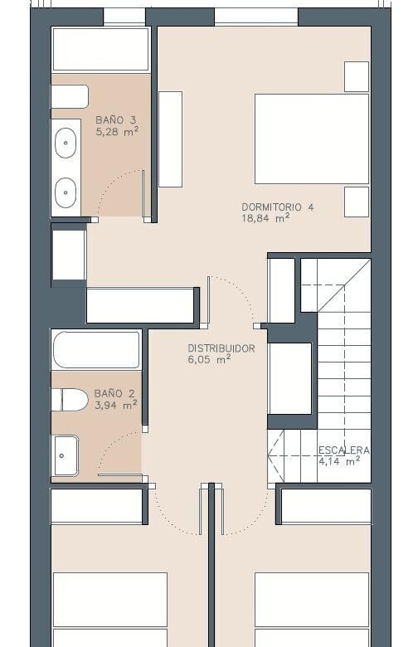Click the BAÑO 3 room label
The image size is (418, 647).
pos(115,120)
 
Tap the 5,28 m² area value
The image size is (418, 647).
pos(117,132)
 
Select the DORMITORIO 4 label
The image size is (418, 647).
pos(277,207)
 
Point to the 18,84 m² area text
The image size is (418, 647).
pos(265,218)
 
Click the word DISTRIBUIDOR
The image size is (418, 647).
pos(221,348)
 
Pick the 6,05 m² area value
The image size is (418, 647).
pos(209,359)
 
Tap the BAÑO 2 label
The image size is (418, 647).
pos(114,394)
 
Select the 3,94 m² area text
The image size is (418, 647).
pos(115,405)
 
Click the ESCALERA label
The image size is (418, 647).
pos(343,450)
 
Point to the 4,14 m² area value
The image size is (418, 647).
pos(339,461)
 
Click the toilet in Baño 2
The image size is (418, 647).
pos(70,400)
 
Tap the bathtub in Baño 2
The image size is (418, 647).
pos(96,349)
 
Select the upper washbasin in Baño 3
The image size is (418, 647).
pos(66,143)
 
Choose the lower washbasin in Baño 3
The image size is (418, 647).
pos(66,192)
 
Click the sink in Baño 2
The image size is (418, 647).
pos(65,455)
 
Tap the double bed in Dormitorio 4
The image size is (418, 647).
pos(312,139)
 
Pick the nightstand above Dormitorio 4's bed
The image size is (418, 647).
pos(357,76)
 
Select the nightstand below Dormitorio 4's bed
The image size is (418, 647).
pos(357,202)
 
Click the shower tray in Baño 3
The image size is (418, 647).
pos(100,50)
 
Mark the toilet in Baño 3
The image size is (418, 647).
pos(70,96)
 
